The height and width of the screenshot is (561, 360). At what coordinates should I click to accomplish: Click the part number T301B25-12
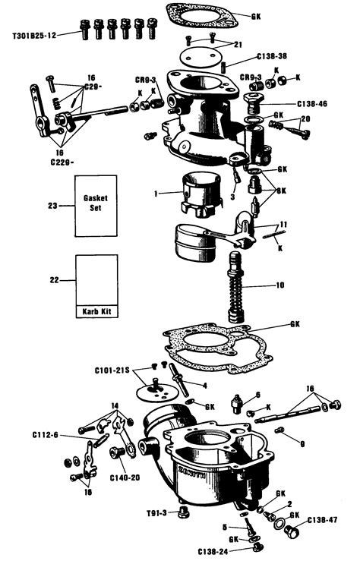click(x=35, y=34)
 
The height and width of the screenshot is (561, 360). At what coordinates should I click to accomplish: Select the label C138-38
click(x=271, y=57)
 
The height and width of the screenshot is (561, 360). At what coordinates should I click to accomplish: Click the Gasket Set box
click(x=96, y=206)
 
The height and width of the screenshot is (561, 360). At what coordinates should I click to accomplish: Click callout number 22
click(x=53, y=279)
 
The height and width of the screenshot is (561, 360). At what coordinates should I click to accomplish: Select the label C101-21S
click(x=114, y=370)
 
